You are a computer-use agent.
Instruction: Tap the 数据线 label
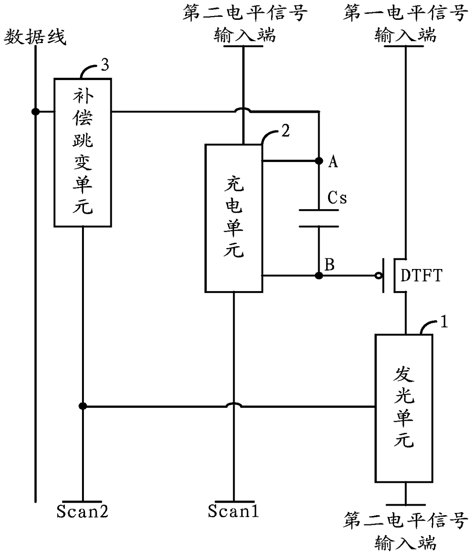tap(35, 37)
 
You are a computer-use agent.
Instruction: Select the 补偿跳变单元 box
tap(83, 153)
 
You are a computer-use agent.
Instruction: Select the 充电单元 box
tap(234, 218)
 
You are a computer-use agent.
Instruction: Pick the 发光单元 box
tap(404, 408)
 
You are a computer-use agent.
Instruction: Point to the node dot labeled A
tap(319, 161)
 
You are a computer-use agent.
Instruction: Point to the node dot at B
tap(319, 276)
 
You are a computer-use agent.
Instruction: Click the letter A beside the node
tap(333, 162)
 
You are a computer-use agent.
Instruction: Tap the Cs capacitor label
tap(337, 198)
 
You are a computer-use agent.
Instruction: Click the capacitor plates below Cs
tap(319, 218)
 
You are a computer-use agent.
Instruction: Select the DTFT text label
tap(421, 275)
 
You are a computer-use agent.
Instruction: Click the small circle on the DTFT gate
tap(378, 276)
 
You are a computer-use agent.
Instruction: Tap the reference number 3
tap(105, 65)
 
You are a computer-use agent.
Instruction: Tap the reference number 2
tap(285, 131)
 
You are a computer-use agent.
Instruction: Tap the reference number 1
tap(444, 321)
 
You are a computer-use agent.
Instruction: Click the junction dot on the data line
tap(35, 111)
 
